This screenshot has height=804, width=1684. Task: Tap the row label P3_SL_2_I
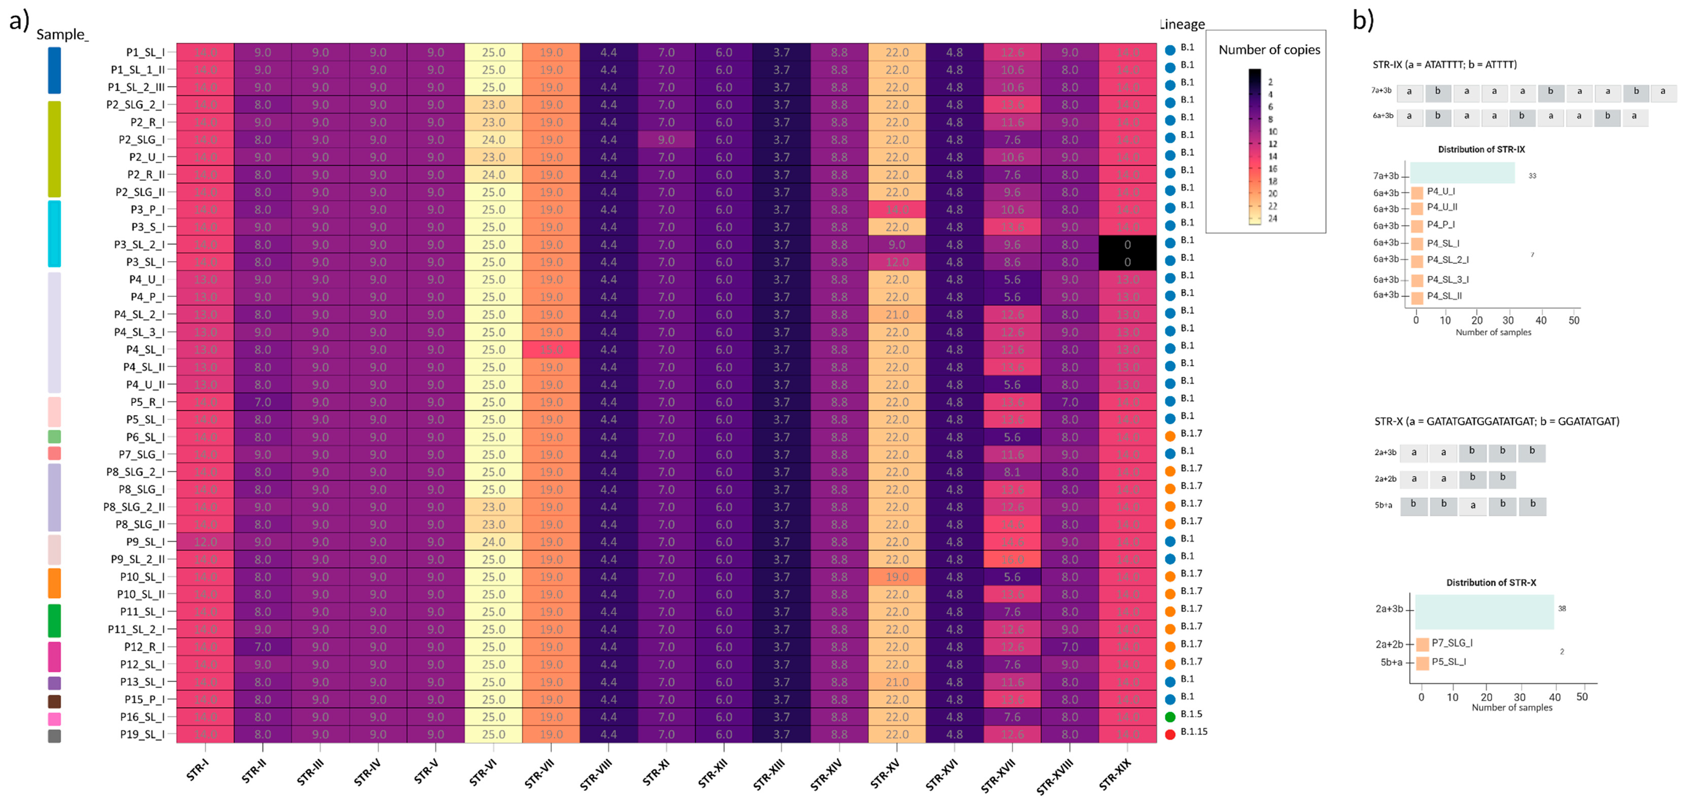139,245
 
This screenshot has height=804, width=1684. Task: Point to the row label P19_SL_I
142,735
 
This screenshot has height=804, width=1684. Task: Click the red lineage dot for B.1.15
1170,734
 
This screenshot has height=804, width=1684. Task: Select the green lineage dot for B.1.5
1170,716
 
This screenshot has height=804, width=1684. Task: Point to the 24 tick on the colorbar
1272,218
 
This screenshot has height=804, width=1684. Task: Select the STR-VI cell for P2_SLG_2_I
493,105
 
